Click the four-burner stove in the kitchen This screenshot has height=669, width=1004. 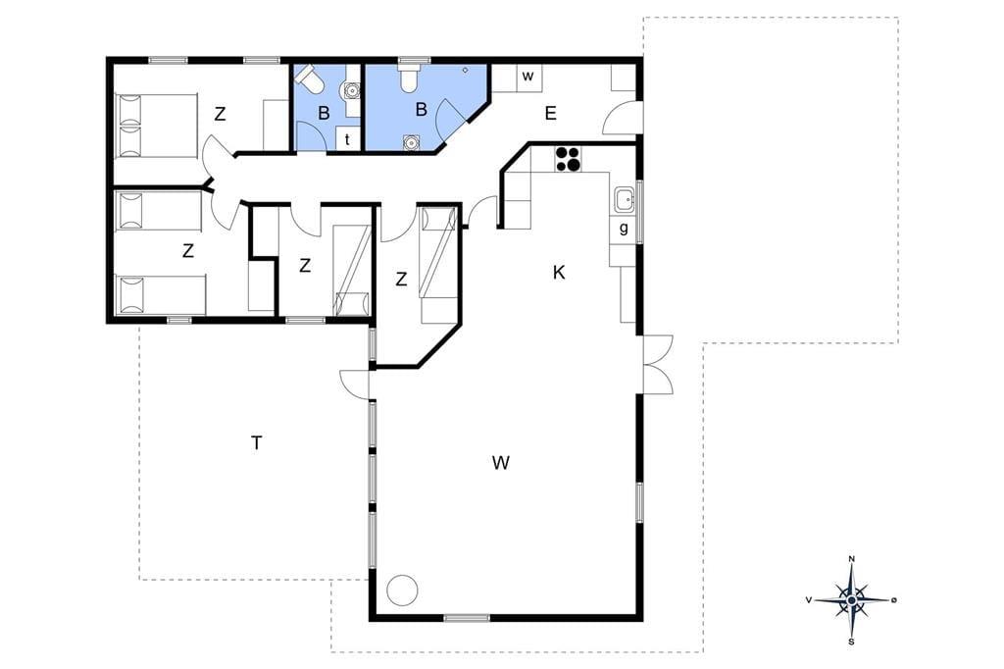[568, 159]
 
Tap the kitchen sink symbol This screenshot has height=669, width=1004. [624, 199]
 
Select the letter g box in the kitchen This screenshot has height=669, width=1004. [623, 229]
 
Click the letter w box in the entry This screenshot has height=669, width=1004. [528, 77]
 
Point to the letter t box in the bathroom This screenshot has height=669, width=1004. [348, 139]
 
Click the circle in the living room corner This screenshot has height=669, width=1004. [403, 589]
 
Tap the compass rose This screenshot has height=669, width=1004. [851, 599]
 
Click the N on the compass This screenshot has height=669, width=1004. [852, 559]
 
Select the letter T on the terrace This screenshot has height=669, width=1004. [256, 442]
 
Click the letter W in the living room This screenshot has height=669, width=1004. [501, 462]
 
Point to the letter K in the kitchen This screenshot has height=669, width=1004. [559, 273]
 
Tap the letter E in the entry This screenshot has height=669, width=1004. [550, 114]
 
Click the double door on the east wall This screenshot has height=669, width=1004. [657, 364]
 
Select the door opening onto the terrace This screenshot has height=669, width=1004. [355, 385]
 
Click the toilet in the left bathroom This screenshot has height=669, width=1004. [310, 79]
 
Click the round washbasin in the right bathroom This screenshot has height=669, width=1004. [410, 142]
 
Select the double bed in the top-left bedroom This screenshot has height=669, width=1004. [156, 126]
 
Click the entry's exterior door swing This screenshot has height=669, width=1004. [621, 118]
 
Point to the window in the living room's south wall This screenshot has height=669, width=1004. [467, 618]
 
